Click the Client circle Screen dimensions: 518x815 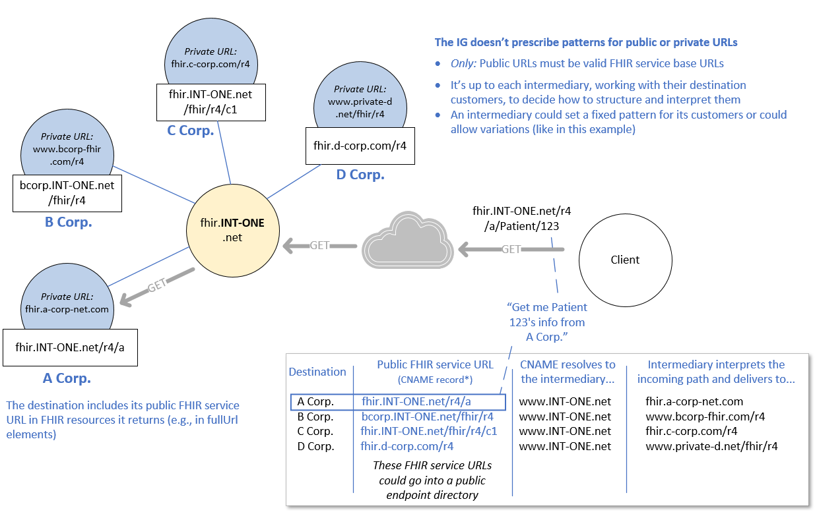(625, 260)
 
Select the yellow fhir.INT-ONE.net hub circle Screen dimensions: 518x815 (232, 230)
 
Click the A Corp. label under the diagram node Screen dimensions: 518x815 (67, 378)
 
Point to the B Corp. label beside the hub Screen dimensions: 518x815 (68, 222)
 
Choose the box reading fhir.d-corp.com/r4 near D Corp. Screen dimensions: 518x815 (360, 146)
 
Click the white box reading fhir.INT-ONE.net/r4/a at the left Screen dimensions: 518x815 (70, 347)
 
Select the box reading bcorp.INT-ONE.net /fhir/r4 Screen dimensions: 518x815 (67, 192)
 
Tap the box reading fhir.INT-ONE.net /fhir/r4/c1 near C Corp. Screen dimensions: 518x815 (211, 101)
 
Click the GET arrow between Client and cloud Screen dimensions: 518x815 (511, 249)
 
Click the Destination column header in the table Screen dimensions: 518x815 (317, 372)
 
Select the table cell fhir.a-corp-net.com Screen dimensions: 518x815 (694, 401)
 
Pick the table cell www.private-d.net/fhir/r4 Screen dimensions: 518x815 (711, 446)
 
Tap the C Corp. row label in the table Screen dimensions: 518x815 (315, 431)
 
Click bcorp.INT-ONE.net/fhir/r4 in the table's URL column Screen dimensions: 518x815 (428, 417)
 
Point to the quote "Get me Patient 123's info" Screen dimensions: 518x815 (547, 322)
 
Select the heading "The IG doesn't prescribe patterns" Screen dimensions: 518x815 (585, 42)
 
